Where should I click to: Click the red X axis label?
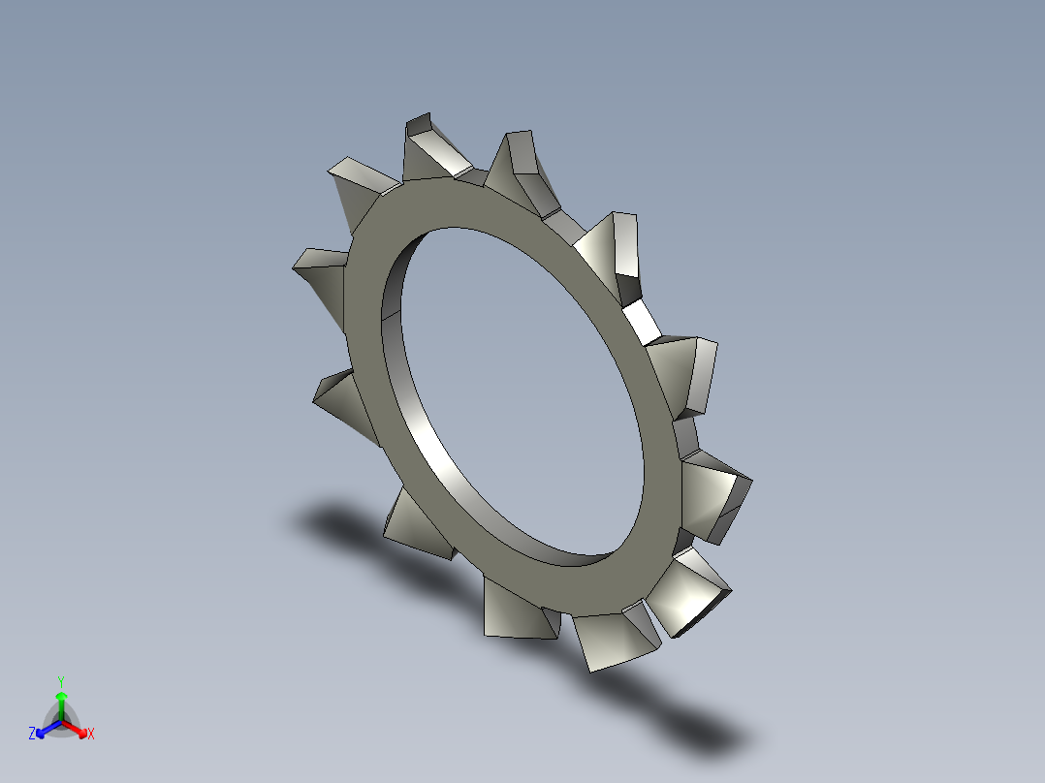pos(91,735)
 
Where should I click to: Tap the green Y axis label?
pos(60,680)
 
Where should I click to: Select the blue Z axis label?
pos(32,735)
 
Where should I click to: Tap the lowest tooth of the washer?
pos(610,640)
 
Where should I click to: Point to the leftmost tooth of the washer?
pos(320,271)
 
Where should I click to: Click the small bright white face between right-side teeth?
pos(640,321)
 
